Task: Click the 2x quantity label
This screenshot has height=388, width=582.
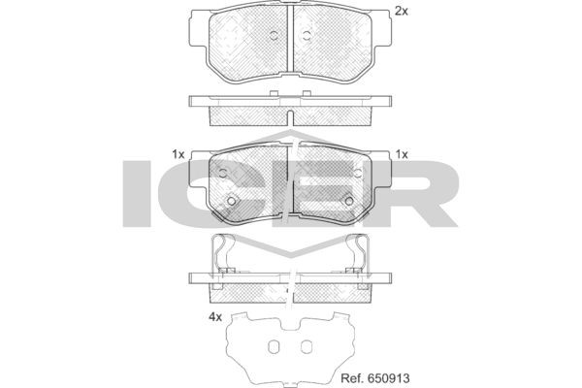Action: (x=401, y=12)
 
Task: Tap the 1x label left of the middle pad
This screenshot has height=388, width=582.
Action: (x=178, y=154)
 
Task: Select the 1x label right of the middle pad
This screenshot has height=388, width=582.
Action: (x=402, y=154)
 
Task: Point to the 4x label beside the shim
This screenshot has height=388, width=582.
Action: (x=215, y=317)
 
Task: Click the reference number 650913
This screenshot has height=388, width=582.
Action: (x=389, y=378)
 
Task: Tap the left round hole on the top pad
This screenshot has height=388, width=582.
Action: (x=274, y=36)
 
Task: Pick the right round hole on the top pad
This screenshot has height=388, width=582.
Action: (x=307, y=36)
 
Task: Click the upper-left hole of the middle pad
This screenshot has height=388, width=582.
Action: (x=223, y=173)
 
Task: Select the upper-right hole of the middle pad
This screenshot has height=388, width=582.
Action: (x=358, y=173)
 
